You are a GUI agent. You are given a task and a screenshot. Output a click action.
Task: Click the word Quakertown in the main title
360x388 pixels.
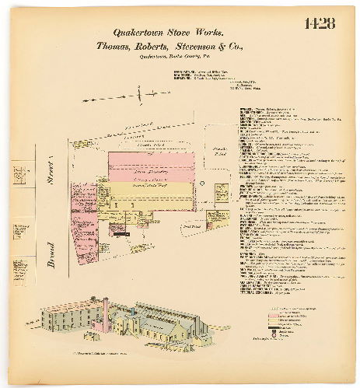pyautogui.click(x=138, y=33)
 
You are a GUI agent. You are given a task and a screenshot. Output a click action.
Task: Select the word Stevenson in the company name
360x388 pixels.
pyautogui.click(x=201, y=47)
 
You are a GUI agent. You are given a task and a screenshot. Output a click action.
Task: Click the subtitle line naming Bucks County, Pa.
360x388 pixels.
pyautogui.click(x=179, y=57)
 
